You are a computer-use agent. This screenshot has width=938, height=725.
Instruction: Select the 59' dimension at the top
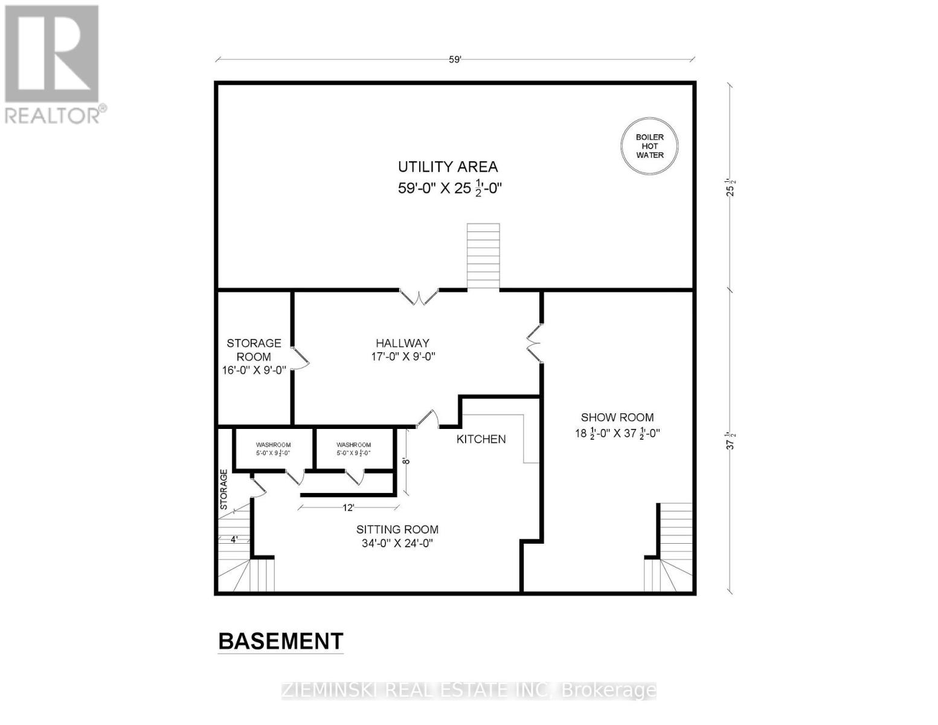point(455,60)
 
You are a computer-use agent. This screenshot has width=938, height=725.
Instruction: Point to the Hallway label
point(403,350)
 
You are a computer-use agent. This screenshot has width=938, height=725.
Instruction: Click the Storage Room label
point(254,356)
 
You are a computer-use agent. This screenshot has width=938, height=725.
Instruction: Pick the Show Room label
point(617,425)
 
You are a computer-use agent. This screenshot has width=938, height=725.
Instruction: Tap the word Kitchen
point(481,439)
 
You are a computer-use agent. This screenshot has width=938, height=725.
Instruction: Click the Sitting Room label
point(397,536)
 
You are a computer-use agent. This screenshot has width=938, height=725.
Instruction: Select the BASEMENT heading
point(281,641)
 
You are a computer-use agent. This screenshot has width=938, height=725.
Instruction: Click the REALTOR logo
point(54,65)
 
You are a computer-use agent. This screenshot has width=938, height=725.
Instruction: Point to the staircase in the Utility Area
point(483,256)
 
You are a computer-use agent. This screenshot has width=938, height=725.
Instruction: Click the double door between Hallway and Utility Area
point(419,297)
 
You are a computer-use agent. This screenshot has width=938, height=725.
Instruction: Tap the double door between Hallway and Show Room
point(534,343)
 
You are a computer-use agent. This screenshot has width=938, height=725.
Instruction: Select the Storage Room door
point(300,358)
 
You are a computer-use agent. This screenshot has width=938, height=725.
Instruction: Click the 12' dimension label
point(348,508)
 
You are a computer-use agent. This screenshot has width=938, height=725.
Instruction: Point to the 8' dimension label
point(406,461)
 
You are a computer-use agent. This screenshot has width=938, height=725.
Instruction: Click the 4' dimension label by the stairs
point(234,540)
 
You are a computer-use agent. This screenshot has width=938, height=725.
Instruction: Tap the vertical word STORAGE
point(223,489)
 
